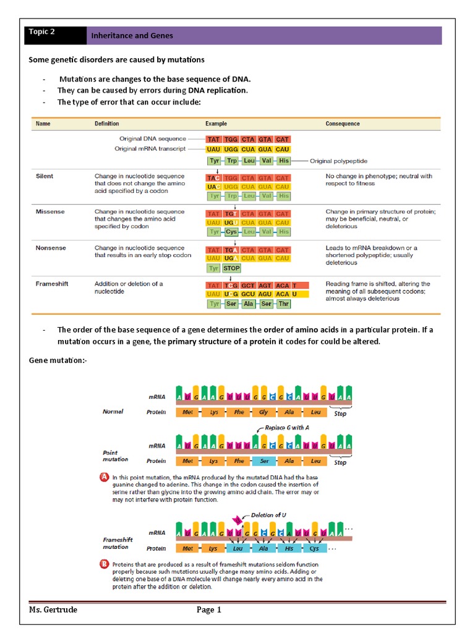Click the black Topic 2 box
coord(55,35)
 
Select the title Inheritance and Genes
coord(132,36)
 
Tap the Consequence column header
coord(342,124)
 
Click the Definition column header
coord(106,124)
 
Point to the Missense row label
coord(50,212)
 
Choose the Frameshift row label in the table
coord(52,284)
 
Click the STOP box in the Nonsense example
coord(231,268)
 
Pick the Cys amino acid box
coord(232,232)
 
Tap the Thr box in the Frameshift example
coord(284,304)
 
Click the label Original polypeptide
coord(339,161)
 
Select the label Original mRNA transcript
coord(150,149)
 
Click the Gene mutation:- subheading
coord(58,360)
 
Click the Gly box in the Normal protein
coord(264,412)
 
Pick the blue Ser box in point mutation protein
coord(264,461)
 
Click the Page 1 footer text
coord(208,610)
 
